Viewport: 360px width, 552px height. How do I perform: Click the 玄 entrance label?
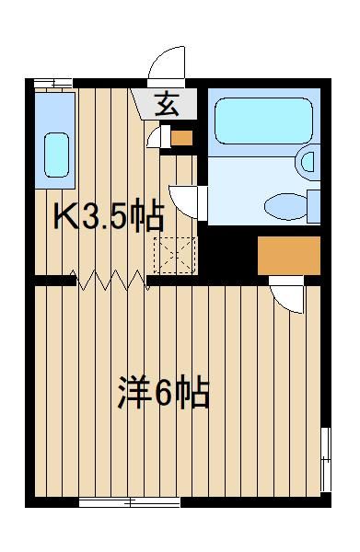(x=167, y=104)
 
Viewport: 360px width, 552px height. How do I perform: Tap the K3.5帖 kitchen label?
(x=109, y=216)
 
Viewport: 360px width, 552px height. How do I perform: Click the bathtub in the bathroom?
(x=263, y=121)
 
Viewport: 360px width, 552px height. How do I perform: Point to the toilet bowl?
(x=285, y=207)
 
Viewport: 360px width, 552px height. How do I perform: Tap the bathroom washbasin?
(x=308, y=162)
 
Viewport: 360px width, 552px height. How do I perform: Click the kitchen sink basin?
(x=56, y=155)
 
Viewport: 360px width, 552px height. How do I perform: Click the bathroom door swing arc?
(x=184, y=202)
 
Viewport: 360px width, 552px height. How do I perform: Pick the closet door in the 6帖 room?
(x=286, y=294)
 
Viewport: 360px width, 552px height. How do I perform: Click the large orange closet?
(x=289, y=256)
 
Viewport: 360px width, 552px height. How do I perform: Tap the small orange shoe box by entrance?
(x=181, y=138)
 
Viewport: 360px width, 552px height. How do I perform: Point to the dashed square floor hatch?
(x=175, y=256)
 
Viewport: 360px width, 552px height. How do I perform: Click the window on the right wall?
(x=326, y=459)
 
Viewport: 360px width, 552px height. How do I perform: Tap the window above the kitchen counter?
(x=53, y=84)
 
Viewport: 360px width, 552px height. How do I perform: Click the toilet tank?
(x=313, y=207)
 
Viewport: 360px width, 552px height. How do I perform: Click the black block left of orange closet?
(x=227, y=253)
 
